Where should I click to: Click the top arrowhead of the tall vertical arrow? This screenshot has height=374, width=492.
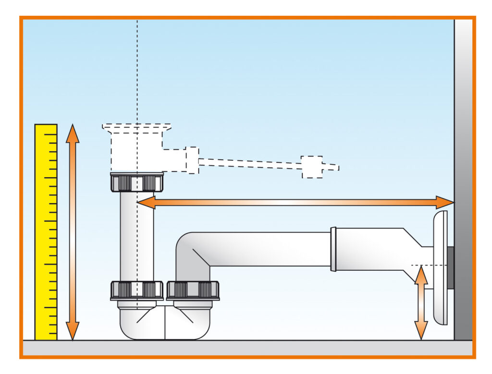click(73, 132)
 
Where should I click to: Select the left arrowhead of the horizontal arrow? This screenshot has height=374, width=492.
click(145, 203)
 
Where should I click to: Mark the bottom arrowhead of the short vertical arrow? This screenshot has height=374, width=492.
click(421, 333)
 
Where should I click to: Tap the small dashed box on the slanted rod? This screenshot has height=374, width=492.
click(312, 167)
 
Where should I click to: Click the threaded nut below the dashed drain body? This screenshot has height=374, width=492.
click(136, 182)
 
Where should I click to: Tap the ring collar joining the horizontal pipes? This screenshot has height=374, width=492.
click(333, 249)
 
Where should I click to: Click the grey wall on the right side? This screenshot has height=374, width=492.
click(463, 144)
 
